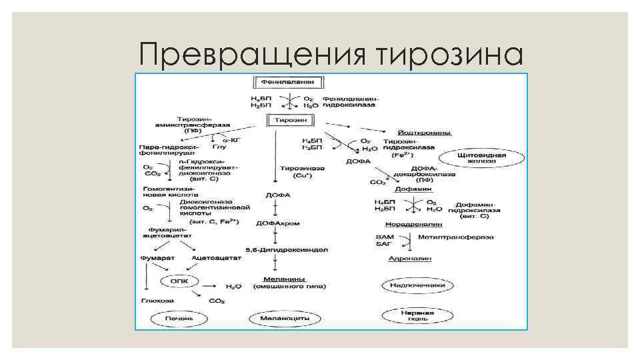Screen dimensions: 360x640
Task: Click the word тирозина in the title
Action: pos(450,53)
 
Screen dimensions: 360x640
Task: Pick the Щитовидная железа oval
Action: pos(482,159)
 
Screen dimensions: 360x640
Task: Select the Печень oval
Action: pos(179,319)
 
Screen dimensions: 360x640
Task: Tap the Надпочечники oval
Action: pos(417,285)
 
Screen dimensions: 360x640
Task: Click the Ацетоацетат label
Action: pos(211,257)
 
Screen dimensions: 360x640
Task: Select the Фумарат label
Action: pos(153,257)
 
